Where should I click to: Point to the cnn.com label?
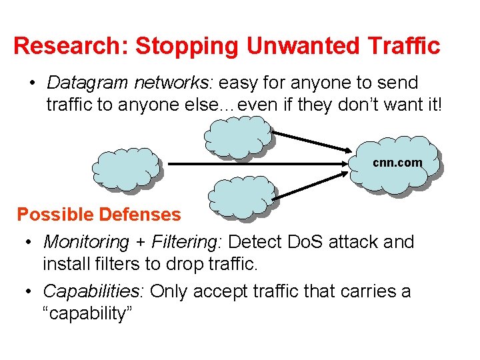(x=397, y=163)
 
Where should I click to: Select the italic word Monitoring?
(x=85, y=242)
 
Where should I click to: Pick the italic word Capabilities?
(x=93, y=291)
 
